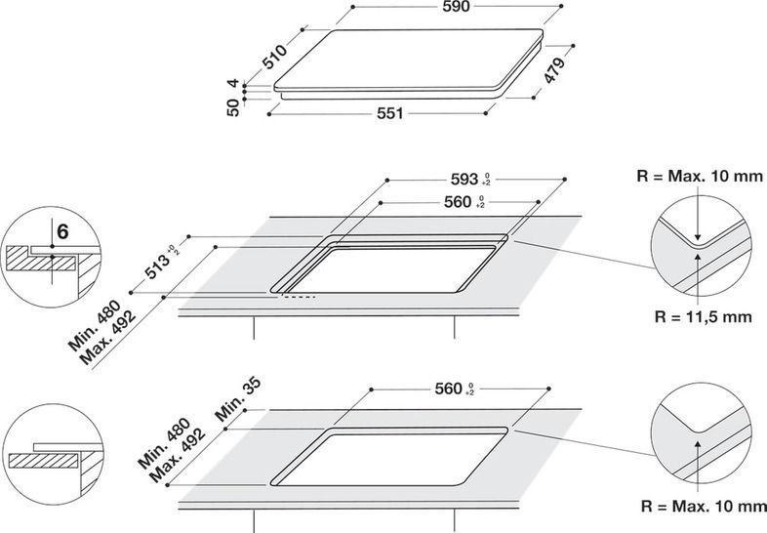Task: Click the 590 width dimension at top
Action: [456, 7]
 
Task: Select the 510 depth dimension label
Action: [274, 57]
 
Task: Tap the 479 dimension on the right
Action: [554, 69]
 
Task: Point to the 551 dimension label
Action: [390, 113]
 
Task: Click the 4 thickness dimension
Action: [234, 83]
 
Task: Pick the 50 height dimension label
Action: [233, 107]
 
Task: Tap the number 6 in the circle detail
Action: [62, 231]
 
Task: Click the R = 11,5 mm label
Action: [703, 316]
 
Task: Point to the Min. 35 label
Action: [238, 400]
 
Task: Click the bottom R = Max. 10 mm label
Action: [704, 506]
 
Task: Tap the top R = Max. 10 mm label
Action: [700, 176]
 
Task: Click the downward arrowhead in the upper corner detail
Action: [698, 235]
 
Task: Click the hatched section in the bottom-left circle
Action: [44, 461]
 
